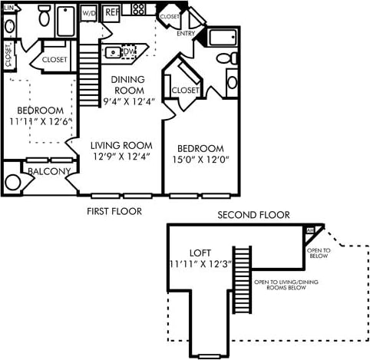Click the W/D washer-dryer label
88,13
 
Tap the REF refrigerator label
112,13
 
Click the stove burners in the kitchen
139,9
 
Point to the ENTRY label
185,34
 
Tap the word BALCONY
50,171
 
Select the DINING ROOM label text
127,84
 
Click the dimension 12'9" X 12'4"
120,157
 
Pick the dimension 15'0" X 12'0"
200,160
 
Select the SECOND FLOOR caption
253,215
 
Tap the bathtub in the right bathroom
224,38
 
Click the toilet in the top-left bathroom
45,15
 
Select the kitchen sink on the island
116,53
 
